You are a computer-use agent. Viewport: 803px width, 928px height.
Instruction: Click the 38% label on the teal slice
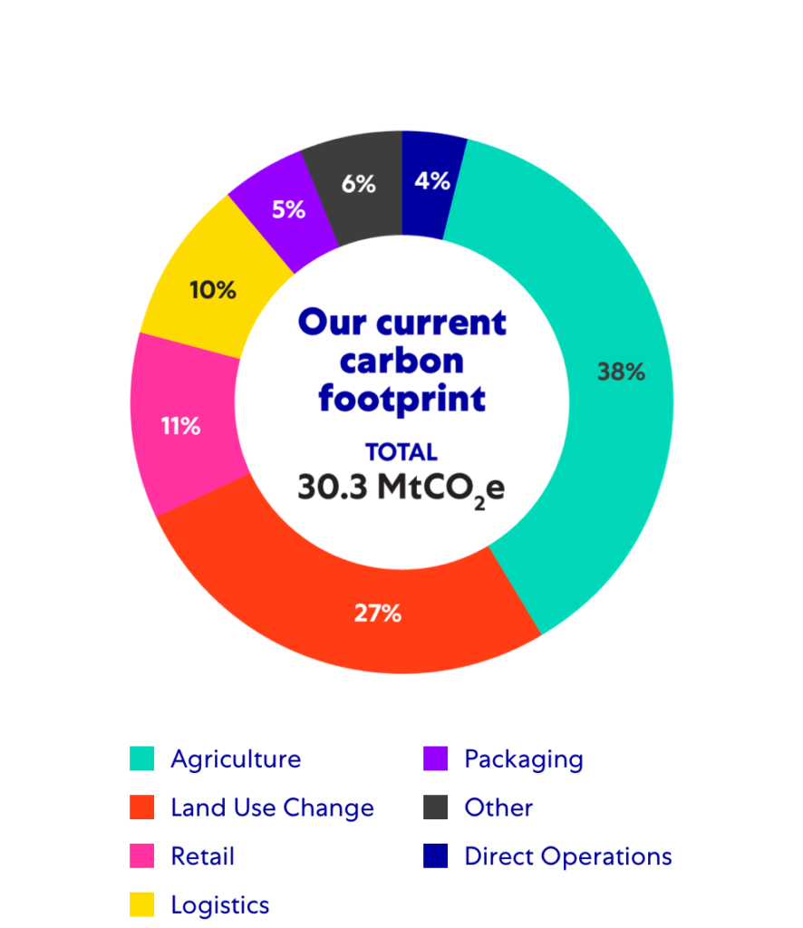pos(621,372)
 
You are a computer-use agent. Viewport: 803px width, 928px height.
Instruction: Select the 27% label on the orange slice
pos(377,614)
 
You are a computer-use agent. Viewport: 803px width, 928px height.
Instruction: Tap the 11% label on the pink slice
pos(180,426)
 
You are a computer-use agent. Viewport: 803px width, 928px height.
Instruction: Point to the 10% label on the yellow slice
pos(213,291)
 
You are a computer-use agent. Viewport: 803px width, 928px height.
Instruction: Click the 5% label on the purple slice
pos(288,209)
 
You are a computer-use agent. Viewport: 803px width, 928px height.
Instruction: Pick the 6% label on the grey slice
pos(359,184)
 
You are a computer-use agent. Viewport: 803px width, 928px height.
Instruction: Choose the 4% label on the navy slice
pos(432,181)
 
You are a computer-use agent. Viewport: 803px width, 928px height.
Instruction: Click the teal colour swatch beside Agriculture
pos(142,759)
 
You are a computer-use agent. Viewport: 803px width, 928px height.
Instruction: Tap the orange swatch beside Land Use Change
pos(142,807)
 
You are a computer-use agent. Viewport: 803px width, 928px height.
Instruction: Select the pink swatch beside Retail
pos(142,855)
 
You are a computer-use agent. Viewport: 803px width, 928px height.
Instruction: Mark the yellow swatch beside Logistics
pos(142,904)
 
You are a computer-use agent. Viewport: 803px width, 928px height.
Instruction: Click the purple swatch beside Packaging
pos(436,759)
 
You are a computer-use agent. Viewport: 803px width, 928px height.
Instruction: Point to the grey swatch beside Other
pos(436,807)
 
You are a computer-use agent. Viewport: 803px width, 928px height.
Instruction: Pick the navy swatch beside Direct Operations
pos(436,855)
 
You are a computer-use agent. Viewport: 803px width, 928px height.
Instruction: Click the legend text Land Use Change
pos(272,807)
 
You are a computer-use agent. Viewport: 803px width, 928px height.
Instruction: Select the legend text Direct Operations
pos(568,856)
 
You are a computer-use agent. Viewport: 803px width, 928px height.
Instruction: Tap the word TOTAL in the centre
pos(401,452)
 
